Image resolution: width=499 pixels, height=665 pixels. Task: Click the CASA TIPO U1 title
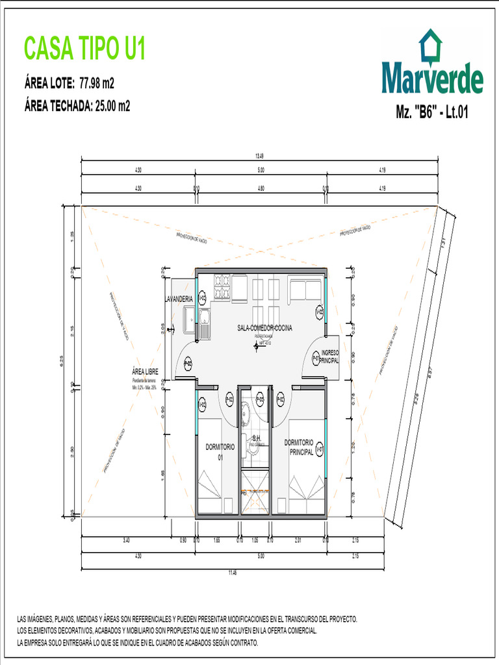coord(84,49)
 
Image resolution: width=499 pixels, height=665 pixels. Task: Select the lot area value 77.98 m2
coord(97,83)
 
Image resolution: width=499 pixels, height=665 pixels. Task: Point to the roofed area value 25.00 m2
coord(112,107)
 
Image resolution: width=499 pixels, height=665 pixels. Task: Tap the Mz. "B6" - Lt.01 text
coord(432,112)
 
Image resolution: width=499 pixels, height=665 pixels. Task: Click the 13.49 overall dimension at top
coord(260,156)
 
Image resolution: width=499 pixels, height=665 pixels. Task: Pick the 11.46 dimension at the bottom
coord(232,573)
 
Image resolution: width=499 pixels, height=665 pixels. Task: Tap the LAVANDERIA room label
coord(179,298)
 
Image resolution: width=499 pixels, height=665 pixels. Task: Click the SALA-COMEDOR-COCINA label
coord(264,328)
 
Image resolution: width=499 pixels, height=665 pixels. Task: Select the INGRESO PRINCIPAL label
coord(330,356)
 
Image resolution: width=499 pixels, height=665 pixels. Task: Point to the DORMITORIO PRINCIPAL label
coord(300,447)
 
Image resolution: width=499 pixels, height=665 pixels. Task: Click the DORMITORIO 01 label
coord(220,451)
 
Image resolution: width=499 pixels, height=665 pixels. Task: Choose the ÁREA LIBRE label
coord(144,372)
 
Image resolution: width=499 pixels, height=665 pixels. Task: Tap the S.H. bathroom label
coord(257,438)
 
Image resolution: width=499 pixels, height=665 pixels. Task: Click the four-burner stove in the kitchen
coord(222,286)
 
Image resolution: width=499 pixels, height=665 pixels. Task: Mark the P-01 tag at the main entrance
coord(316,357)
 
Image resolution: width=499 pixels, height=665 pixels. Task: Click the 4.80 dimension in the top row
coord(261,188)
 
